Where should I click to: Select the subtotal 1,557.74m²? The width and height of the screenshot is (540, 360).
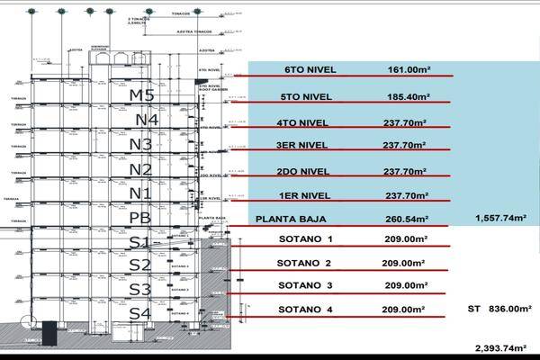[504, 219]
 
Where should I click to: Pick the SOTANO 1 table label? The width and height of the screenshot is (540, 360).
[306, 239]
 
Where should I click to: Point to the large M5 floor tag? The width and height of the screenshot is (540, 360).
[142, 94]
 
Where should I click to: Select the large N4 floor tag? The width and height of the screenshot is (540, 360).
[142, 119]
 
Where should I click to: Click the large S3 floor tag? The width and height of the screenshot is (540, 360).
[139, 289]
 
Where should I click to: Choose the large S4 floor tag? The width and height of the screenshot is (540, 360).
[139, 313]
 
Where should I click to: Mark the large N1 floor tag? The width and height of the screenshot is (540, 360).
[140, 193]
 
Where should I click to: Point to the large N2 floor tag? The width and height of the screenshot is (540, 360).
[140, 169]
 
